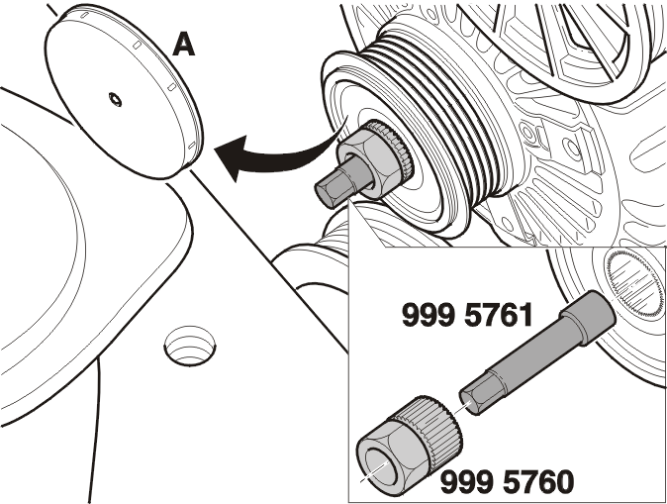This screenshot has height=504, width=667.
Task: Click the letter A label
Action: tap(184, 46)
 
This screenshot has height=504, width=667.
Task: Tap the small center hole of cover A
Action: tap(115, 99)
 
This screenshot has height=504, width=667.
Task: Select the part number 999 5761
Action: tap(467, 315)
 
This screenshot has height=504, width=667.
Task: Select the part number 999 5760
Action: tap(507, 482)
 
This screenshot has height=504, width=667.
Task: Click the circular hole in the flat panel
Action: tap(190, 346)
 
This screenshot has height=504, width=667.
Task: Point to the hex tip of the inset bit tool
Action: tap(476, 396)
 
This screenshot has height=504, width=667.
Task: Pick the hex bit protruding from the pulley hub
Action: tap(336, 184)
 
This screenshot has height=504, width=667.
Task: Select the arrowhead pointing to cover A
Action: tap(232, 158)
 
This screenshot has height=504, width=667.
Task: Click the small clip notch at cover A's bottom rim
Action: tap(192, 145)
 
